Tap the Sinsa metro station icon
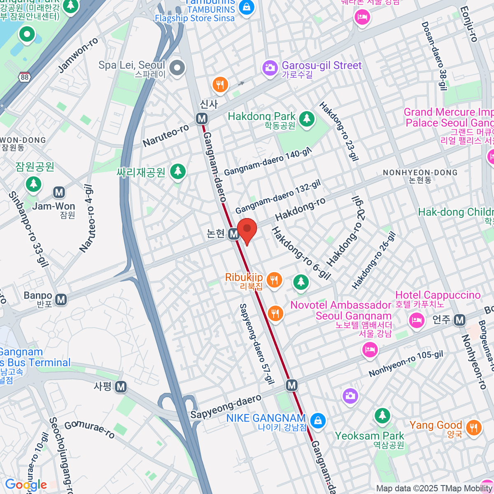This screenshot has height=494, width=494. coord(202,119)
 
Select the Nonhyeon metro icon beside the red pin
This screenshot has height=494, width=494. coord(233,234)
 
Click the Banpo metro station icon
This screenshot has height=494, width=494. coord(61,300)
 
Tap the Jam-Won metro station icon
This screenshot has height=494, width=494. coord(59,192)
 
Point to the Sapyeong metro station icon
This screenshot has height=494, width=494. coord(121,387)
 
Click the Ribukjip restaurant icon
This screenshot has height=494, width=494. coord(274,281)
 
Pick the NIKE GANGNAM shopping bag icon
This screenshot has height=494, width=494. coord(318,421)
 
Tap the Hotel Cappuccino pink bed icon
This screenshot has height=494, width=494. coord(417,320)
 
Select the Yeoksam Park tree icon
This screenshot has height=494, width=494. coord(382,416)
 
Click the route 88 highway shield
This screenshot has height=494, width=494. coord(24,77)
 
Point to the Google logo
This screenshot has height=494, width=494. coord(26,485)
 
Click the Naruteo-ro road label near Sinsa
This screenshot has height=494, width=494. coord(166,136)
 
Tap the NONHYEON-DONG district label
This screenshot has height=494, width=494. coord(420,172)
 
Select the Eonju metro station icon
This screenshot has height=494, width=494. coord(460,320)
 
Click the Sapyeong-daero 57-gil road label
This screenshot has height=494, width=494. coord(256,344)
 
